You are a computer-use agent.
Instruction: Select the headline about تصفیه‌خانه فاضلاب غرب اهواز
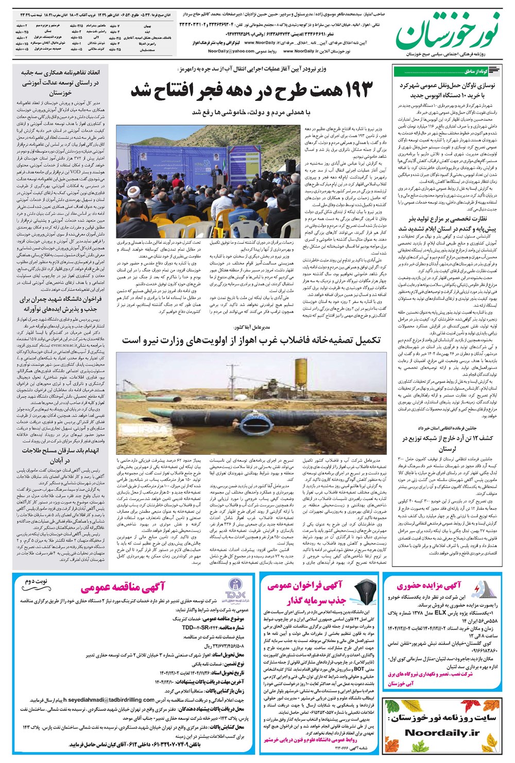coord(251,341)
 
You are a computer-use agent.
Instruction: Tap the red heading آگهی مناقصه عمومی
coord(123,587)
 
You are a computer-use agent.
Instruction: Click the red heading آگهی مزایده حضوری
coord(428,585)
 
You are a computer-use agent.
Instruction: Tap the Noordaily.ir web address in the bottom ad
coord(442,733)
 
